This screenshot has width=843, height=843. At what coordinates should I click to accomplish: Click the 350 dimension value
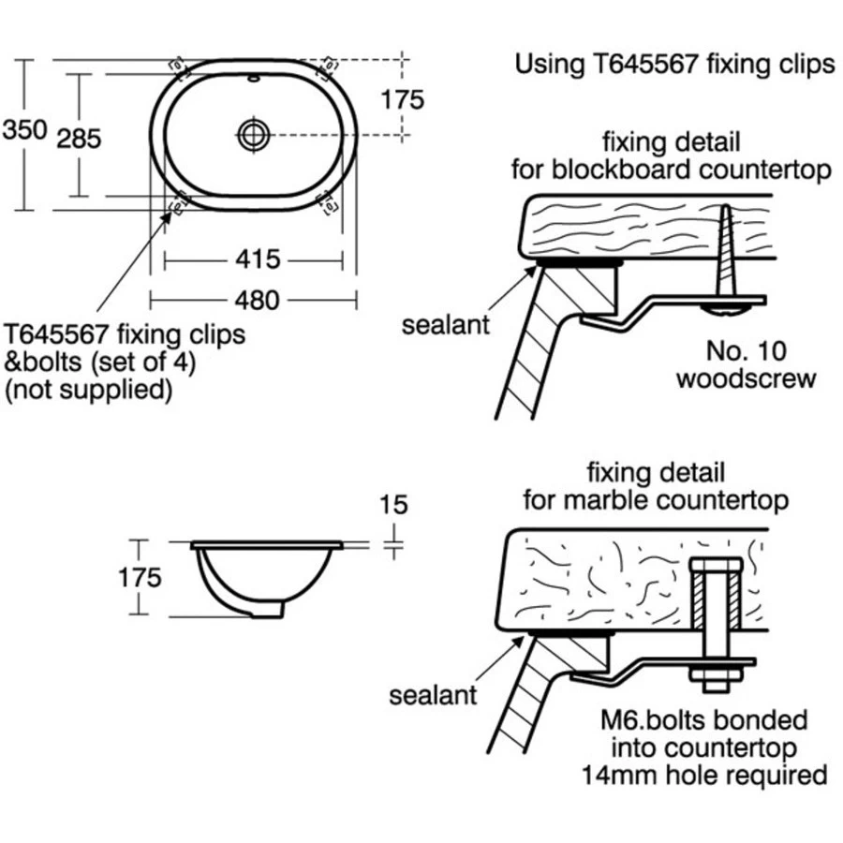[x=24, y=130]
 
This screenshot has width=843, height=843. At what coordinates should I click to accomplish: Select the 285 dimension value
[x=79, y=139]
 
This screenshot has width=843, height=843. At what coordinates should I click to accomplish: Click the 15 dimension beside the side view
[x=394, y=506]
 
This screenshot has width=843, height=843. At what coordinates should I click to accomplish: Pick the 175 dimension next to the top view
[x=403, y=99]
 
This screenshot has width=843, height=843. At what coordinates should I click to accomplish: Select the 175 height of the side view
[x=140, y=577]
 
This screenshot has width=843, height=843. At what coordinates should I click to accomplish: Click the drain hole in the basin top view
[x=253, y=133]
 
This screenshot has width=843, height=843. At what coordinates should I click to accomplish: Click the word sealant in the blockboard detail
[x=446, y=325]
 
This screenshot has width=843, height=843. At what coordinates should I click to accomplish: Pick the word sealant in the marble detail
[x=433, y=695]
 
